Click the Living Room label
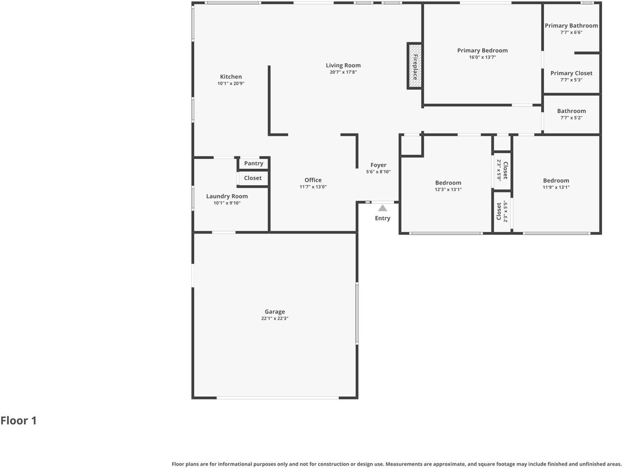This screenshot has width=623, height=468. (x=343, y=65)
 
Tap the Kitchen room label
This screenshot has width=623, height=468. (x=231, y=77)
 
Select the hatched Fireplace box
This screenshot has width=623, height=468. (x=415, y=66)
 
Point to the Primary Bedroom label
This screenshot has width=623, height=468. (x=482, y=50)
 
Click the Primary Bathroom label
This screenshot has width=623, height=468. (x=571, y=26)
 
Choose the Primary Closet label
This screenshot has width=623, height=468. (x=571, y=73)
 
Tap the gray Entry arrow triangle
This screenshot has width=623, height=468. (x=383, y=208)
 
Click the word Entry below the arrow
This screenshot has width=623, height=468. (x=383, y=218)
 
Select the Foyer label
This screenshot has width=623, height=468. (x=378, y=165)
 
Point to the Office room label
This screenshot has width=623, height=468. (x=313, y=180)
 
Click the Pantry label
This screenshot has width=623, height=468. (x=253, y=163)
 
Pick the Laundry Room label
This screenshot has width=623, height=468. (x=227, y=196)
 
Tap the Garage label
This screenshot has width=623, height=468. (x=275, y=312)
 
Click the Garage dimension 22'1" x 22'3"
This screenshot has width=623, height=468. (x=275, y=319)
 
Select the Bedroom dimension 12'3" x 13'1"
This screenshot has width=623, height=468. (x=448, y=190)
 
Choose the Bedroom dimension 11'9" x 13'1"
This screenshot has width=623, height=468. (x=556, y=187)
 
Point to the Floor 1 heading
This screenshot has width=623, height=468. (x=19, y=421)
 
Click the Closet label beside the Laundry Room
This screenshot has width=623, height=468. (x=253, y=178)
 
